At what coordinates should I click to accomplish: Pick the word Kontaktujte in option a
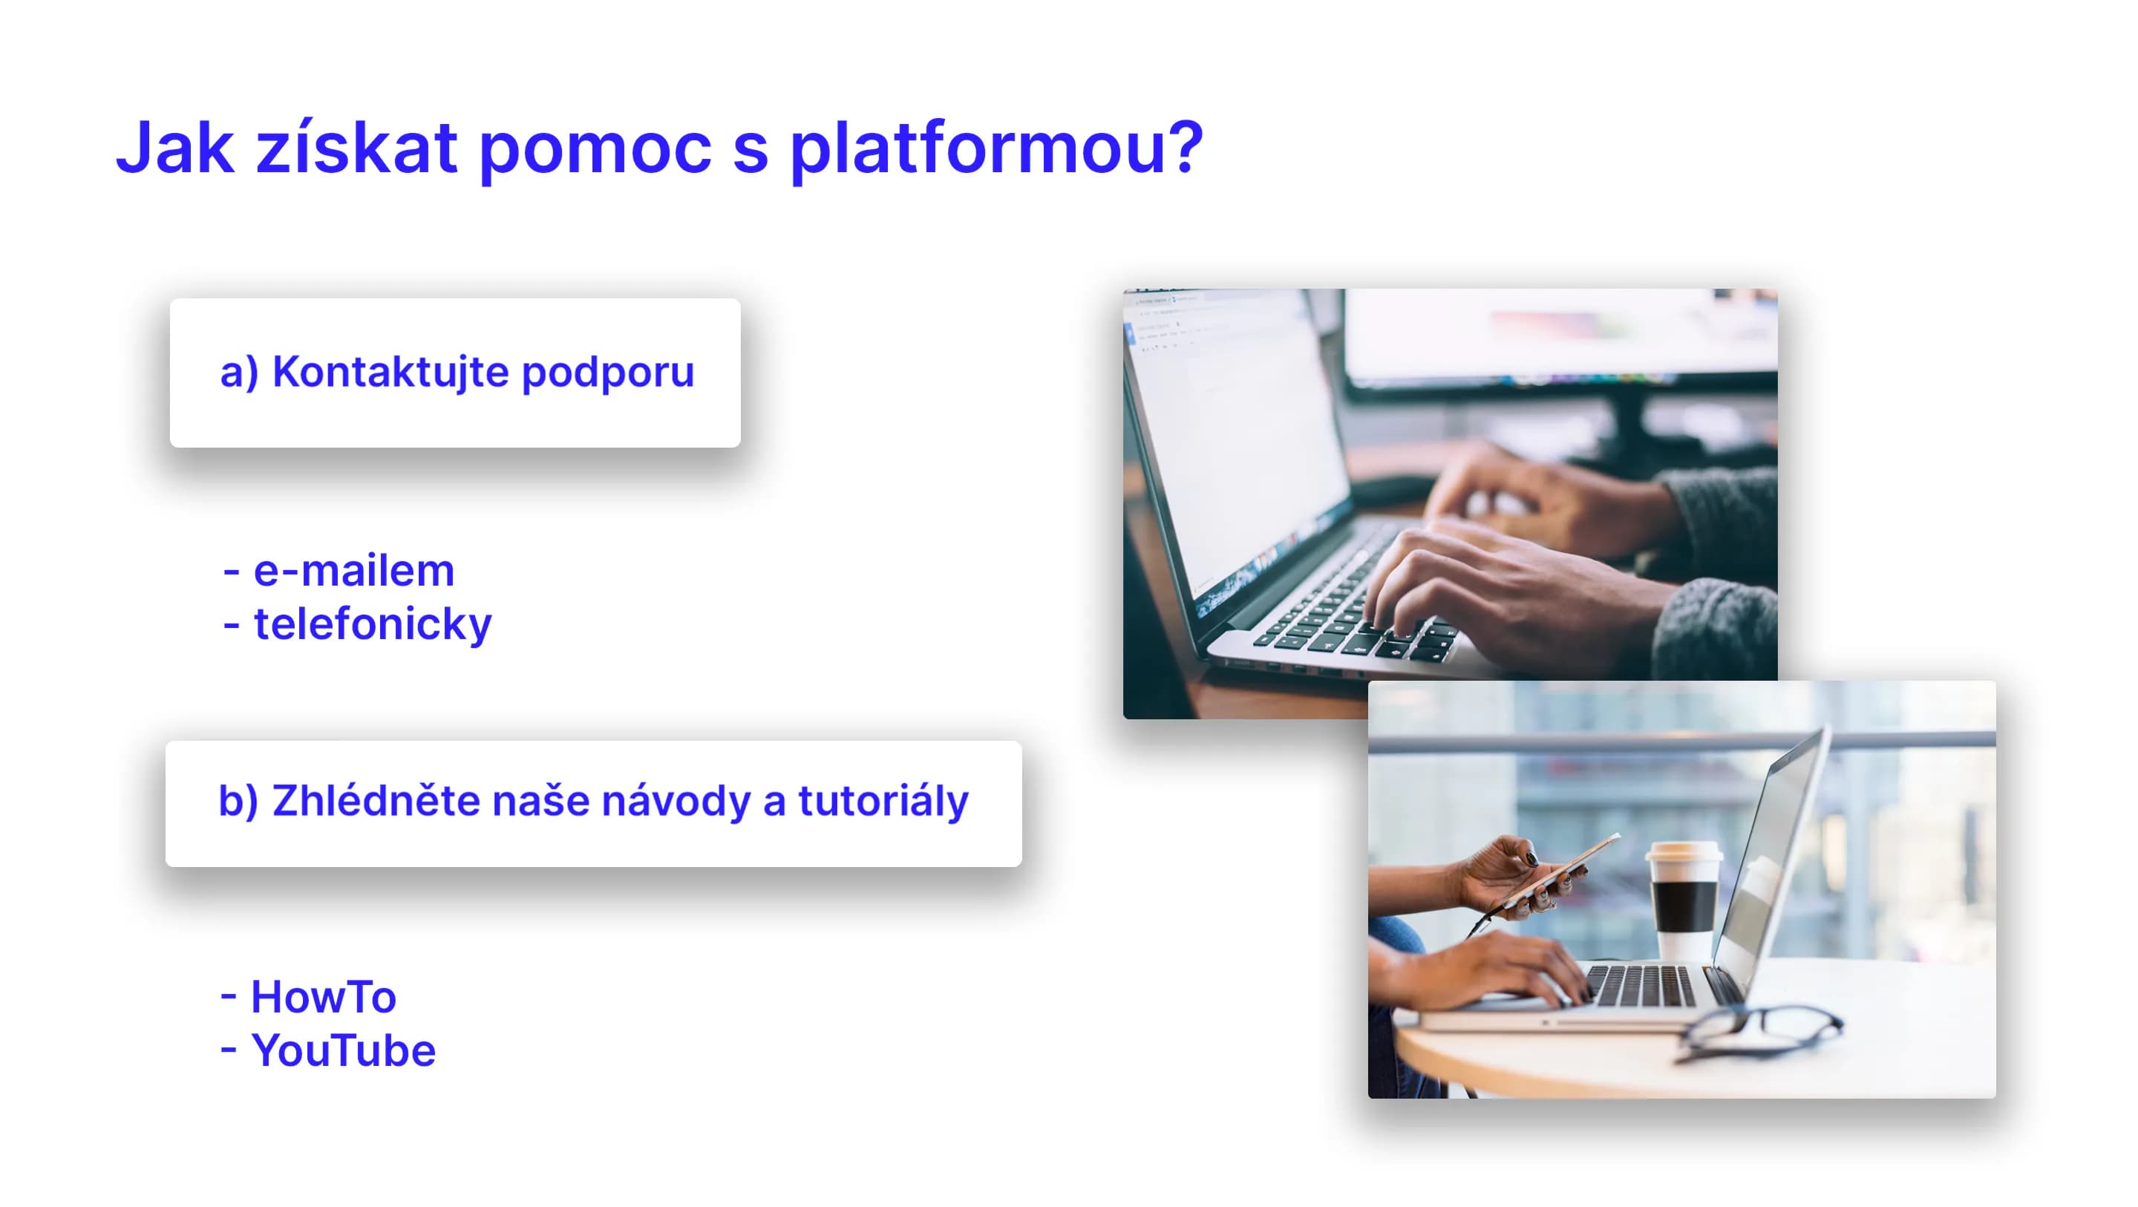coord(390,372)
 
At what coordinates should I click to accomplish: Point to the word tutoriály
coord(883,802)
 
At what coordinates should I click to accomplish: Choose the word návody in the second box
coord(676,801)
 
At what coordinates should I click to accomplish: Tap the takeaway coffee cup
coord(1684,900)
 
